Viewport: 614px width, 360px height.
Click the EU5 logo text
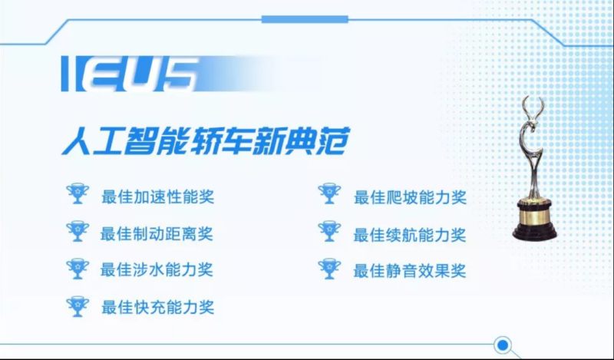pos(128,74)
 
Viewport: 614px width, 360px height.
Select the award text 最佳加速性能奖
pos(158,197)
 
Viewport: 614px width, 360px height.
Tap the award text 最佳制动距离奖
pos(157,234)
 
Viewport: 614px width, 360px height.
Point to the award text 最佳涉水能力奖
pos(157,270)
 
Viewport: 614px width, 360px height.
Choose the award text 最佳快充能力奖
pos(158,307)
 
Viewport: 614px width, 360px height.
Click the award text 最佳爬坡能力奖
pos(410,197)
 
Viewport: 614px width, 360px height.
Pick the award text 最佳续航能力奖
pos(410,235)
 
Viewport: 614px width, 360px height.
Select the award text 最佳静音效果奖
pos(410,271)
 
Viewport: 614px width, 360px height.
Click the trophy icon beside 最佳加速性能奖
pos(78,193)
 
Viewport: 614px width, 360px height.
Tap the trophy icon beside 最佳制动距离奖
pos(78,231)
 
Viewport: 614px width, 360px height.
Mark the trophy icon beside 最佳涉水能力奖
pos(78,269)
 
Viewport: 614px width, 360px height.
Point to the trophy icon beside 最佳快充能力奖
pos(78,306)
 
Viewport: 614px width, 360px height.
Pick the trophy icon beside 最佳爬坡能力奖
pos(329,193)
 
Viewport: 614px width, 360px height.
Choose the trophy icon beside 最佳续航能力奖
pos(329,231)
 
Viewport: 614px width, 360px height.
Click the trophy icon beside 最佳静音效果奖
pos(329,269)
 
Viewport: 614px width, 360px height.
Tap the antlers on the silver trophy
pos(533,107)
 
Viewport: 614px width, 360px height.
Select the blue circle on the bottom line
pos(503,345)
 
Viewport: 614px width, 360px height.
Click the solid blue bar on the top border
pos(305,19)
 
